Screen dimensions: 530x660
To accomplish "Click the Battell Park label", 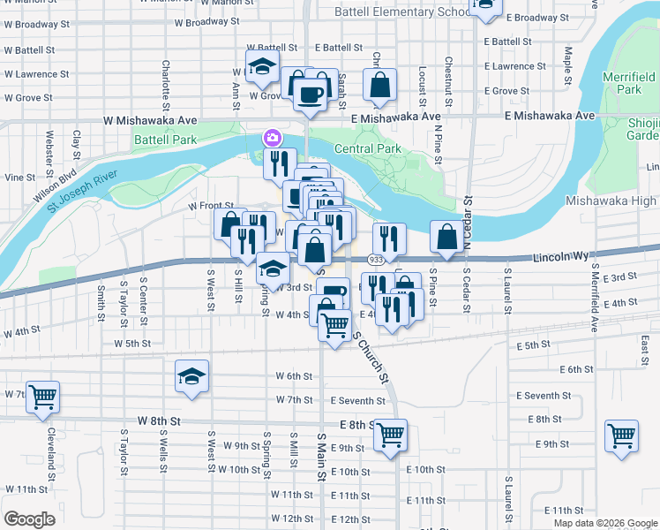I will coord(165,140).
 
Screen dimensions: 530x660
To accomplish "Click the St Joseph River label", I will coord(71,188).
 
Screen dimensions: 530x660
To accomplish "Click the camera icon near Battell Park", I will coord(271,138).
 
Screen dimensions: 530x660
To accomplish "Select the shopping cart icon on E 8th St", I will coord(389,434).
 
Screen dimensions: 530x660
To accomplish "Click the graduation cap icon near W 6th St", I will coord(191,376).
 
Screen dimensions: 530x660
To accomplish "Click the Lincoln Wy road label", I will coord(562,257).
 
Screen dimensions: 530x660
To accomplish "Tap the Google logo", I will coord(30,519).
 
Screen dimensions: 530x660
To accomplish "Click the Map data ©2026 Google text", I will coord(605,522).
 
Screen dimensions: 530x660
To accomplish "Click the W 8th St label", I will coord(159,422).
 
